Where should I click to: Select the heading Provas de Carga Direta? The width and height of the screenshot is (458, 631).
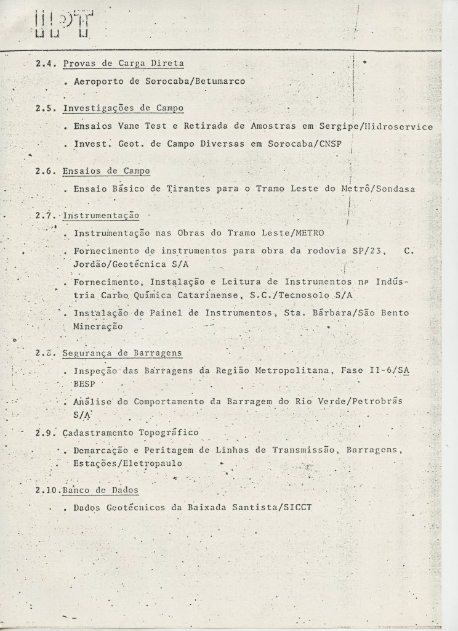pos(123,63)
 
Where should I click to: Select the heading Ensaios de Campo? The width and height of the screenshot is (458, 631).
pos(106,171)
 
